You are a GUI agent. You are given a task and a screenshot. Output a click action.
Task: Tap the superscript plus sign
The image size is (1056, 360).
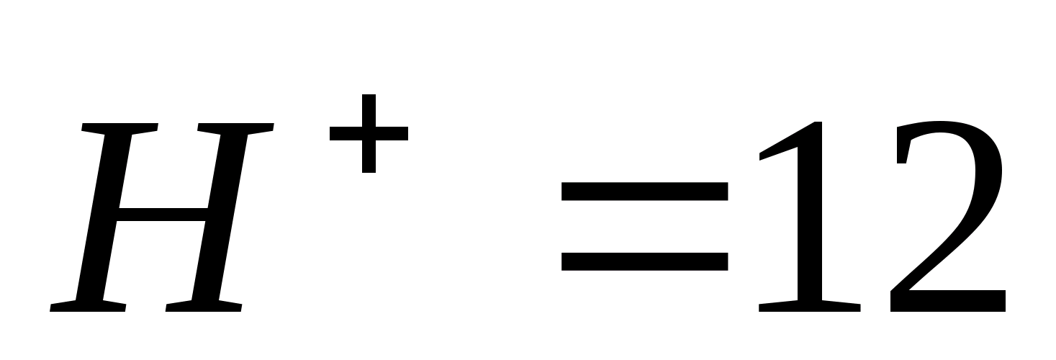(369, 133)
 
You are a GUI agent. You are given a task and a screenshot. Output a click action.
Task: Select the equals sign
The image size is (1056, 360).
(644, 225)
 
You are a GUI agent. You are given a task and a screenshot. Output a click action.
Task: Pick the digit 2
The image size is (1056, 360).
(947, 216)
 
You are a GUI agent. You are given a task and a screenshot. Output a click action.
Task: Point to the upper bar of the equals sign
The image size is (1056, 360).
(644, 191)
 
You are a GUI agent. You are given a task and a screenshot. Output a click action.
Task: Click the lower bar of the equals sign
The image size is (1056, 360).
(644, 260)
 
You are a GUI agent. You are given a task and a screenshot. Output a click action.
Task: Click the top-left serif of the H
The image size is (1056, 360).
(119, 130)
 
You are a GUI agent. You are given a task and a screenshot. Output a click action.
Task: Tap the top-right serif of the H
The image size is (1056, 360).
(234, 130)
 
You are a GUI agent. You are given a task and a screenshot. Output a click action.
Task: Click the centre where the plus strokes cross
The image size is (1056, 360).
(369, 133)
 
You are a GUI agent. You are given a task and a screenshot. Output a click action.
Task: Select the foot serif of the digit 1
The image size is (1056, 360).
(810, 307)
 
